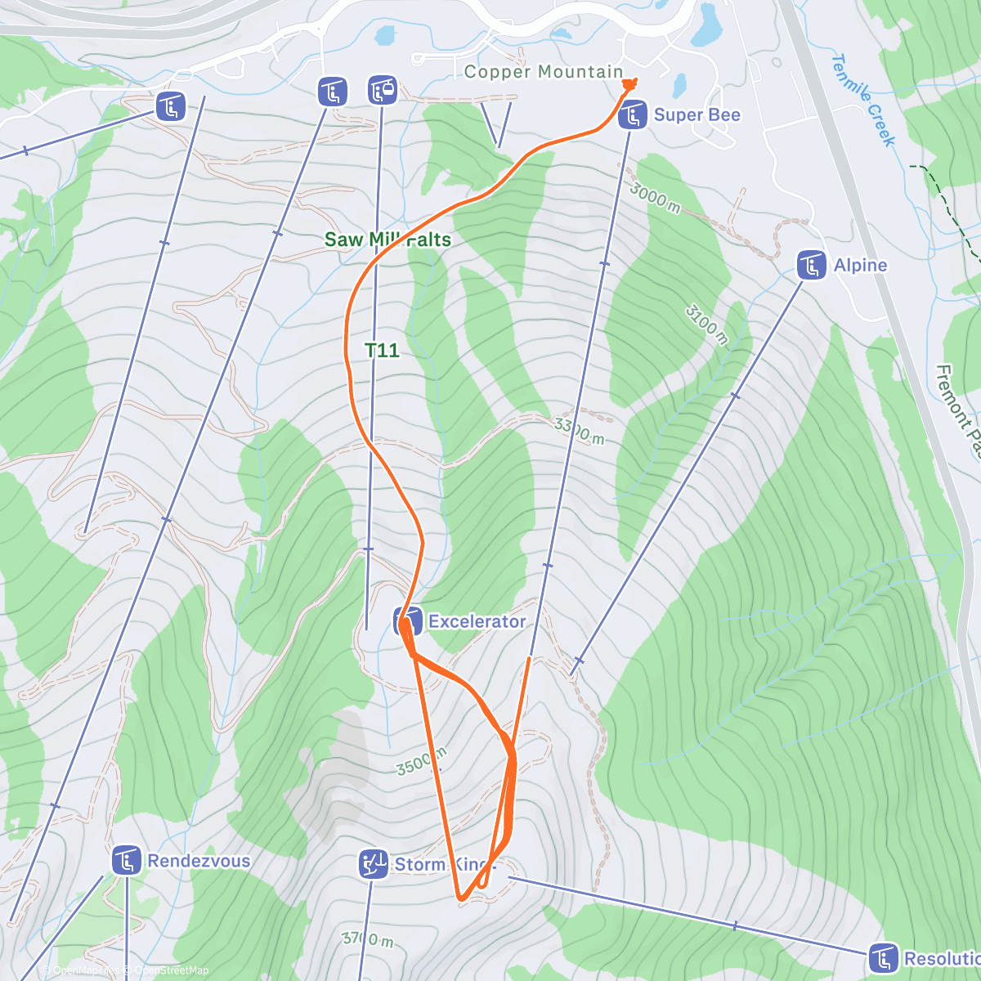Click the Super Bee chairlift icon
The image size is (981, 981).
coord(633,115)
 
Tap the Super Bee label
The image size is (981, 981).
coord(697,115)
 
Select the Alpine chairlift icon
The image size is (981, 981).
coord(811,266)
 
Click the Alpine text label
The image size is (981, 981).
coord(860,266)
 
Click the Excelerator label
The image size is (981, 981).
coord(477,621)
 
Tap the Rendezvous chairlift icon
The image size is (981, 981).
coord(126,861)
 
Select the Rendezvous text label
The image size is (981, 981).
coord(199,861)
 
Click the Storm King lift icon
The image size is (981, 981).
coord(374,864)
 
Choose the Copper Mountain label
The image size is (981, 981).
coord(544,72)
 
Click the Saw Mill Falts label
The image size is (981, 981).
coord(387,240)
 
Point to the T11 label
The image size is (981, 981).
coord(382,351)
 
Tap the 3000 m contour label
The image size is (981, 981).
coord(655,197)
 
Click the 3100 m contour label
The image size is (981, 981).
coord(707,324)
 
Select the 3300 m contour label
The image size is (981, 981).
coord(580,431)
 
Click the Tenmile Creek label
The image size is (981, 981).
coord(863,100)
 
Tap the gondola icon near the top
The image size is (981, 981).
coord(382,90)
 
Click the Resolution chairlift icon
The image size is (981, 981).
coord(883,958)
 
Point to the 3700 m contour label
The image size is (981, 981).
coord(368,939)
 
